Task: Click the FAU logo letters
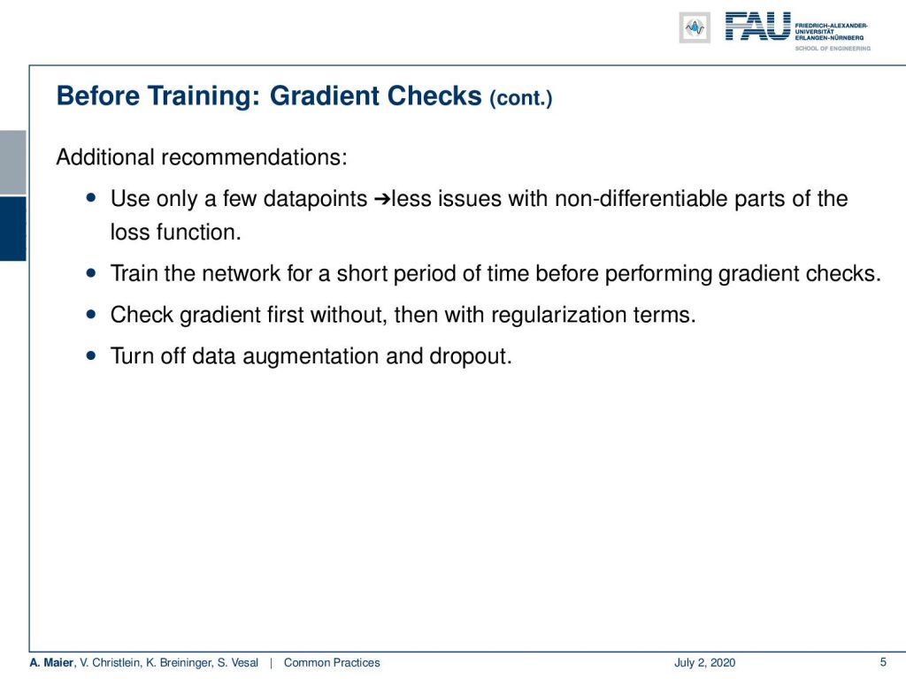(757, 27)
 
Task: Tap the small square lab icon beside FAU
(695, 27)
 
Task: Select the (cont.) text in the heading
(520, 98)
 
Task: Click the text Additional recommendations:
(202, 157)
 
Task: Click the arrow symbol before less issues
(382, 200)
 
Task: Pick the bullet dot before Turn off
(91, 355)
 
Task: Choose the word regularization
(558, 316)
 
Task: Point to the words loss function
(176, 233)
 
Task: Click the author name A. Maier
(51, 662)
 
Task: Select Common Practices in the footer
(332, 662)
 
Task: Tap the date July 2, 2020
(704, 662)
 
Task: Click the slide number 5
(883, 662)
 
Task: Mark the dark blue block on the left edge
(12, 229)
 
